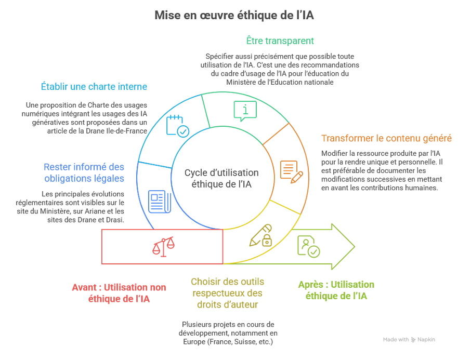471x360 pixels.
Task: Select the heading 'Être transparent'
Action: pos(280,41)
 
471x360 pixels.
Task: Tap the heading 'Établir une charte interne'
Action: pos(94,87)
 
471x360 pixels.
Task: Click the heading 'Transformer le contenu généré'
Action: pos(386,139)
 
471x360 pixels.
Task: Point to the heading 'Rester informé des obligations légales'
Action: pos(84,172)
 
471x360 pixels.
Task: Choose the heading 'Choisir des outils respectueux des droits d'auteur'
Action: pos(227,293)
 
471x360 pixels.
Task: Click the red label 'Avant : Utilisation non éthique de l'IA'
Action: pos(120,292)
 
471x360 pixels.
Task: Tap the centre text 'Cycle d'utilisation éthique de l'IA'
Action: pos(221,178)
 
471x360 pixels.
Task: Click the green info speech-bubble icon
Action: pos(245,111)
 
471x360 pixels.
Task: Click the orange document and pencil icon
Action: pos(291,171)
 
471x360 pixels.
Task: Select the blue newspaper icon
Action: pos(160,202)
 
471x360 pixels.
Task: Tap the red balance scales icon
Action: pos(163,246)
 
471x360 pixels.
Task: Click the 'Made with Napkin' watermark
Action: pos(409,339)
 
